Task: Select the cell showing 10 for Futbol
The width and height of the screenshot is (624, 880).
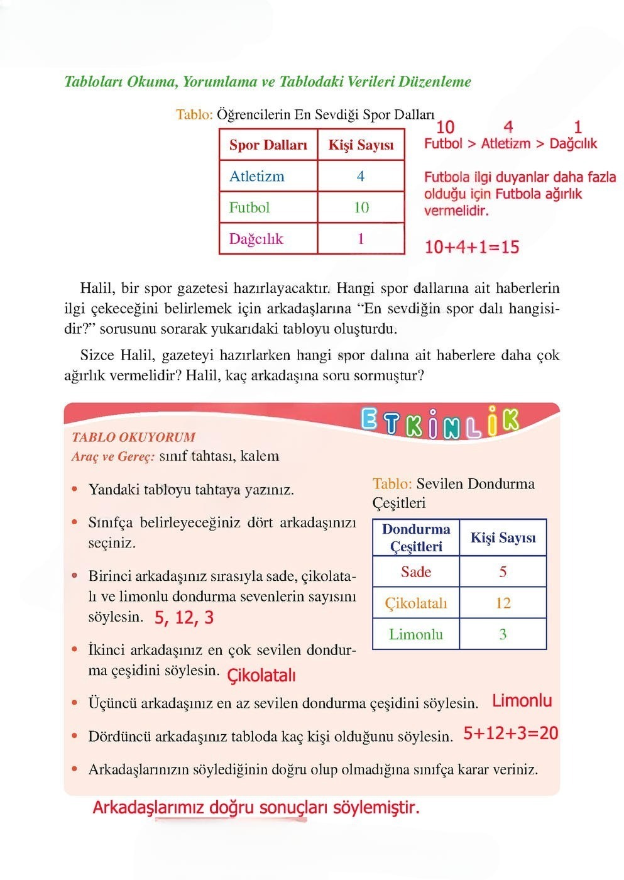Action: click(361, 207)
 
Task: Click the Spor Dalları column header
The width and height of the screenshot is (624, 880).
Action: click(268, 145)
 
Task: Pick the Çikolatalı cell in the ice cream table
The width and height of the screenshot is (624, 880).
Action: click(416, 603)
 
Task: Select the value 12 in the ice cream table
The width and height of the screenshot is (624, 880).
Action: click(503, 603)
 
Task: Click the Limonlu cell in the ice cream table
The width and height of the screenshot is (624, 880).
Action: click(416, 634)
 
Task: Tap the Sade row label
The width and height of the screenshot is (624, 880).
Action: click(416, 572)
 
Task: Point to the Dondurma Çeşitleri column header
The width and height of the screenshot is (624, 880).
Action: click(416, 538)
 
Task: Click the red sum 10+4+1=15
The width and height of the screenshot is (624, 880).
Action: click(472, 247)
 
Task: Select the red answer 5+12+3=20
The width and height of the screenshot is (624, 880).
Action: click(510, 733)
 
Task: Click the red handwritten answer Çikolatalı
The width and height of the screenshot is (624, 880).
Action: click(261, 676)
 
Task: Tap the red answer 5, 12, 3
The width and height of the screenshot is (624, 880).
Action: click(184, 618)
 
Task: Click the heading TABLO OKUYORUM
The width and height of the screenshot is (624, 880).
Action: click(133, 437)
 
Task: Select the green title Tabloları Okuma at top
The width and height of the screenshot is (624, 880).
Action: click(268, 82)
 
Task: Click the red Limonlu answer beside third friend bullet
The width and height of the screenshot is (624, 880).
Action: click(522, 701)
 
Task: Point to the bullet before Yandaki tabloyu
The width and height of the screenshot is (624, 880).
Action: click(75, 489)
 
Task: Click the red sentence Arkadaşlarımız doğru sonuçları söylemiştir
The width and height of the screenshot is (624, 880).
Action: click(256, 807)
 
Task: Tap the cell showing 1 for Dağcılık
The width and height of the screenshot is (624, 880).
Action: click(361, 239)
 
